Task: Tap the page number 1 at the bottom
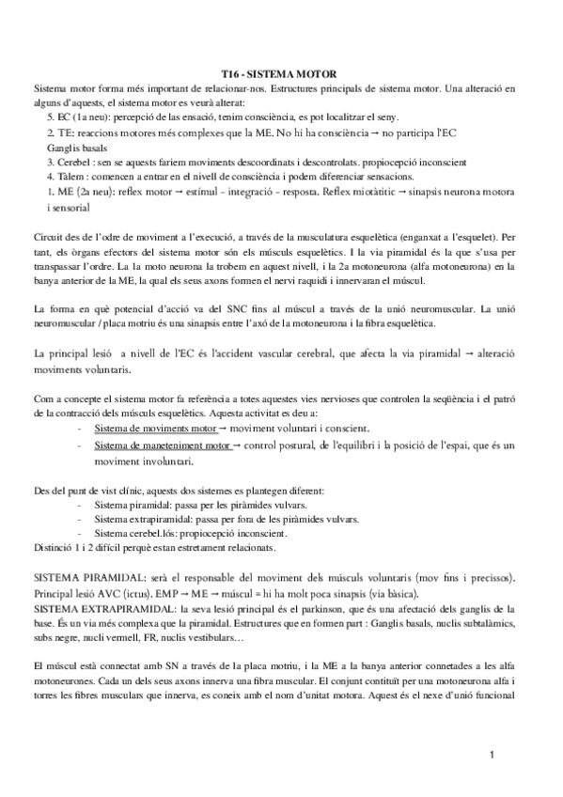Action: pos(492,756)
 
